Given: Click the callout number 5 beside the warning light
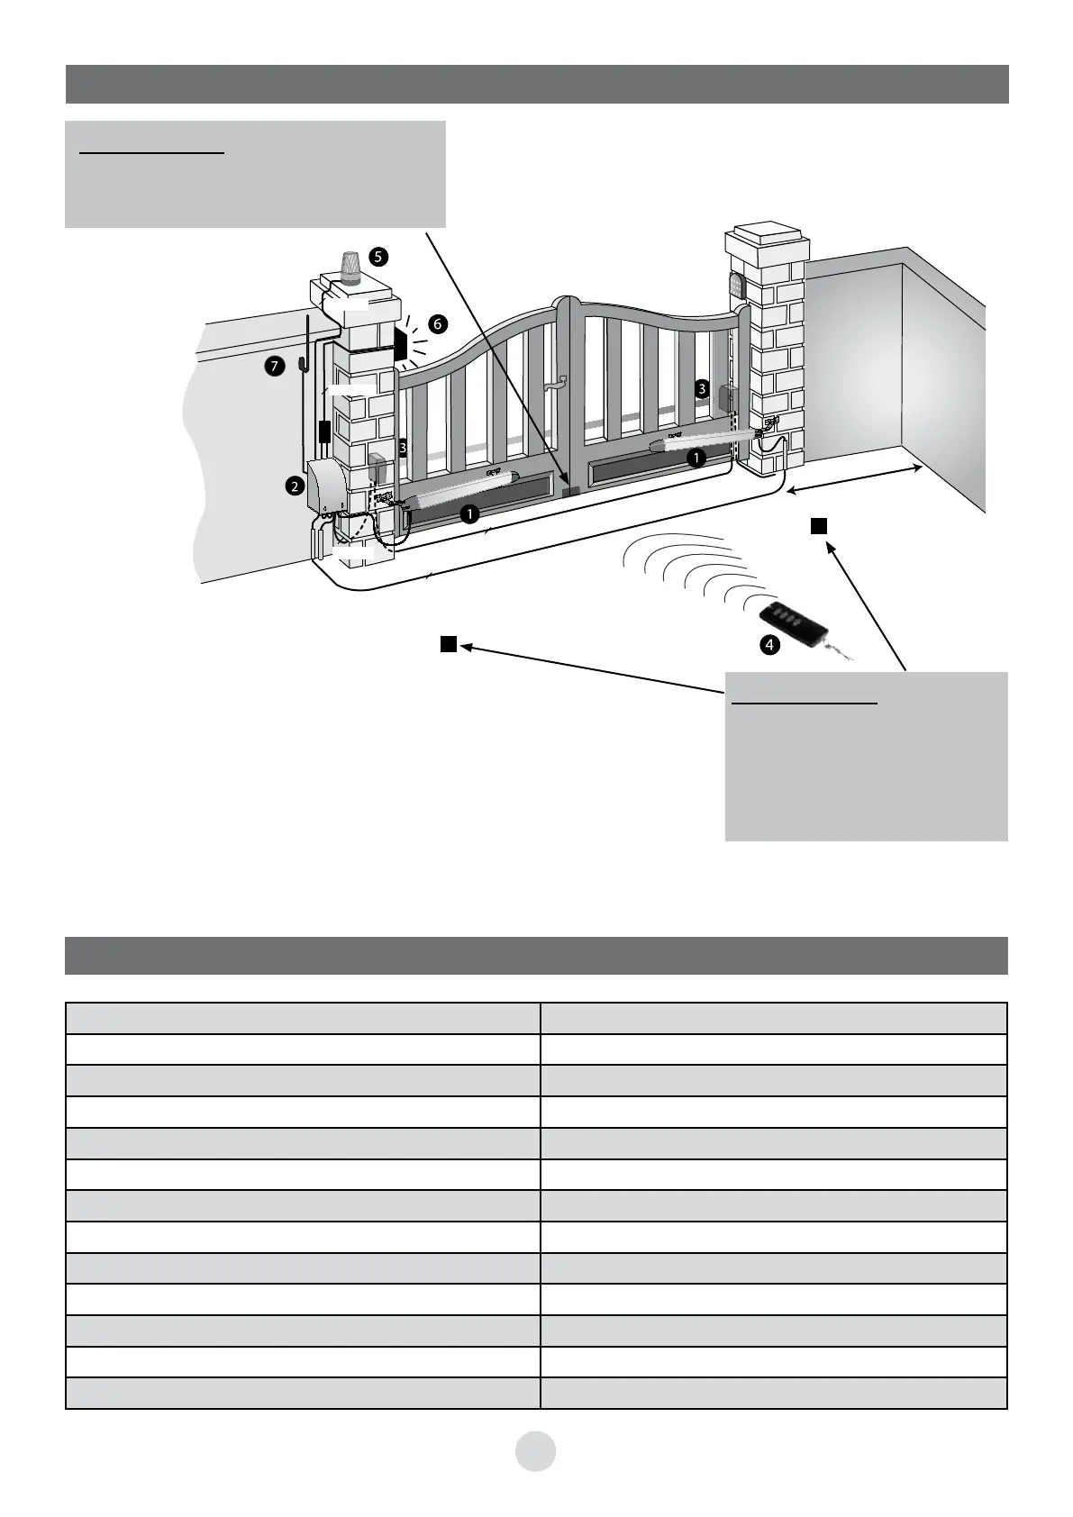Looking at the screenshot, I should (x=379, y=257).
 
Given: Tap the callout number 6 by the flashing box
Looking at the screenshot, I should (x=437, y=323).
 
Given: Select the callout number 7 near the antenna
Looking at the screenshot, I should (x=277, y=366).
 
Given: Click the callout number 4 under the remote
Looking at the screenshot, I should (x=768, y=645).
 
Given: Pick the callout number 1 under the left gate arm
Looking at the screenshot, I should (x=468, y=513).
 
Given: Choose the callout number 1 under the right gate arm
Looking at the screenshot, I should (x=696, y=458).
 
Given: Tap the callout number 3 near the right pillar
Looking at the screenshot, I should (x=702, y=389).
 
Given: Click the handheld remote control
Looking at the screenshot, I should (x=790, y=622).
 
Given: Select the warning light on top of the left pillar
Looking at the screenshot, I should (x=350, y=268).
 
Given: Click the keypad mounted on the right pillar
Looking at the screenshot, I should (x=736, y=286).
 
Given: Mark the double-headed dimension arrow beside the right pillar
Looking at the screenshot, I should (x=854, y=479).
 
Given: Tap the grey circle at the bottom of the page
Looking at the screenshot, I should (x=536, y=1450).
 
